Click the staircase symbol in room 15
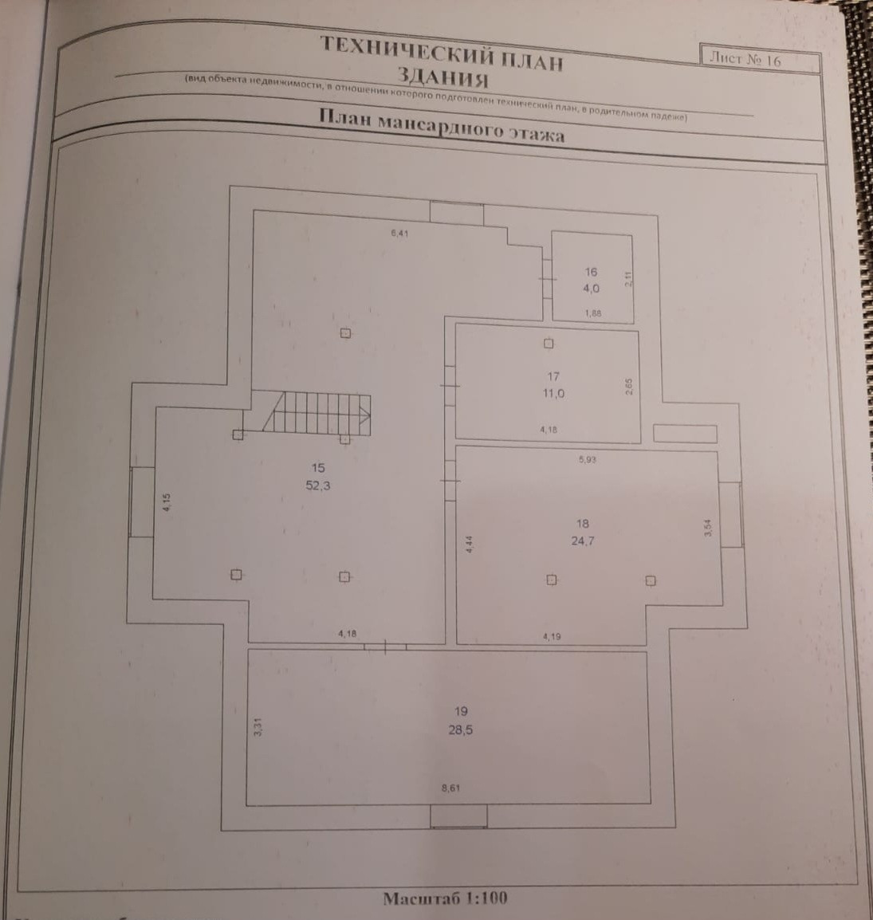tap(319, 413)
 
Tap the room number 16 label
tap(591, 272)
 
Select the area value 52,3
tap(317, 485)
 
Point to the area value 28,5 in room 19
tap(460, 729)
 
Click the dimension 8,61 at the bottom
tap(450, 788)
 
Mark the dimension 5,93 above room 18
tap(587, 459)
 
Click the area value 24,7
tap(582, 541)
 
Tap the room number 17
tap(553, 376)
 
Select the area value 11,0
tap(553, 393)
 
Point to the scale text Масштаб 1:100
tap(445, 898)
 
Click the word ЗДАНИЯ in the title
tap(442, 78)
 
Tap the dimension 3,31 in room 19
tap(258, 727)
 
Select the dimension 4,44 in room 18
tap(469, 544)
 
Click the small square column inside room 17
tap(549, 344)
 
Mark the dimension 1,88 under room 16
tap(592, 313)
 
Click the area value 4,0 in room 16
tap(591, 289)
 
